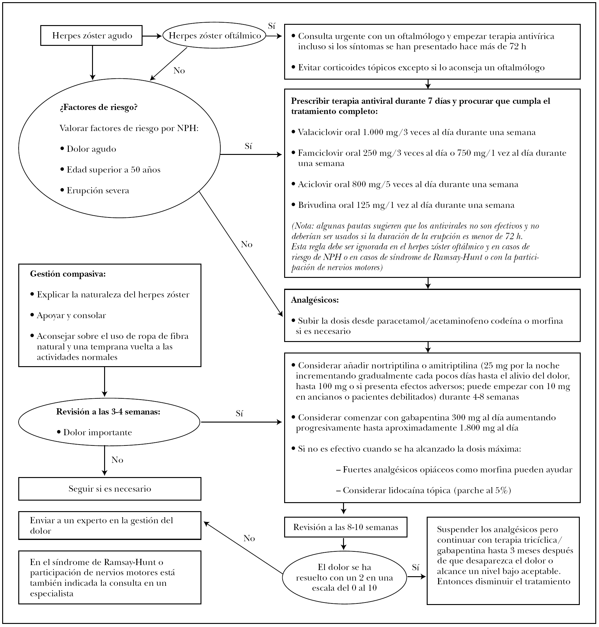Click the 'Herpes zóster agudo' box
coord(91,35)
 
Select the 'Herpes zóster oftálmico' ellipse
coord(214,35)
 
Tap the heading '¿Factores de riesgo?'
coord(98,107)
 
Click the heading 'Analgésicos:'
coord(315,300)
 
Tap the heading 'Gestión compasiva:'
coord(68,274)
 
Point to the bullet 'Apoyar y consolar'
coord(71,315)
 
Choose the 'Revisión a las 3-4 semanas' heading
coord(108,412)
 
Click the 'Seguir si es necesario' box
coord(109,489)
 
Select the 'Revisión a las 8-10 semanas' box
coord(346,527)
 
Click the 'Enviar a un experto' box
coord(109,525)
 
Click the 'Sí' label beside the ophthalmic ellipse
coord(271,26)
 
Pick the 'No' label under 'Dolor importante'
coord(117,460)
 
